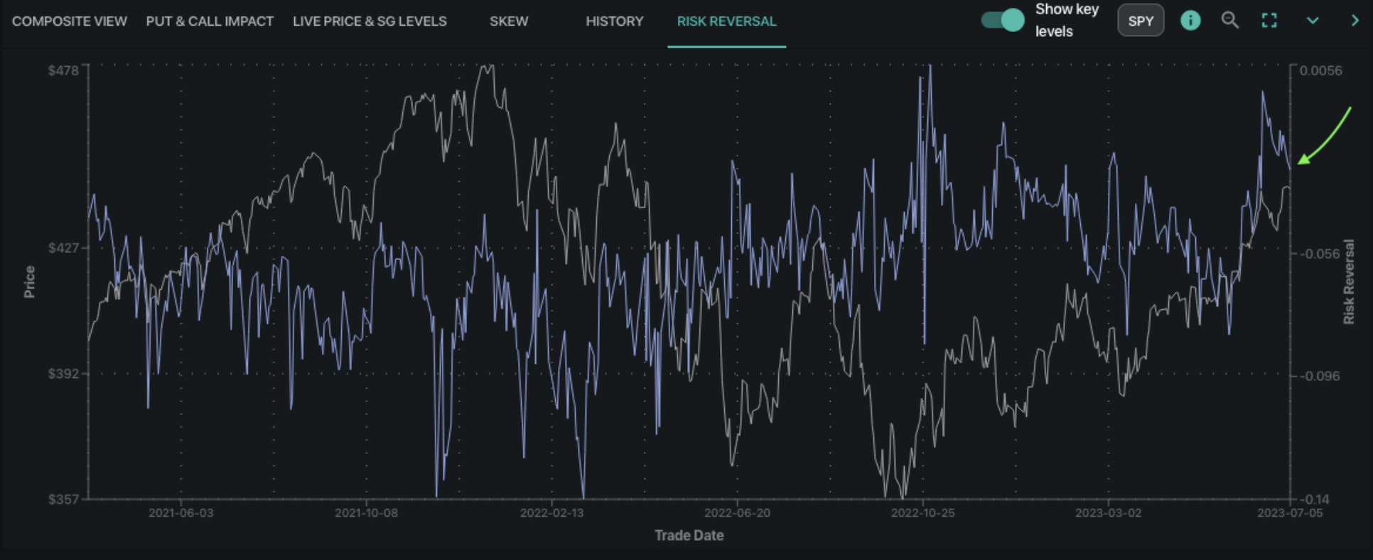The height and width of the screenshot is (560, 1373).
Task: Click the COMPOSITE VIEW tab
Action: [x=70, y=21]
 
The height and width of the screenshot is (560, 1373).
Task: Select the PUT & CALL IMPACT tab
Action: [x=210, y=21]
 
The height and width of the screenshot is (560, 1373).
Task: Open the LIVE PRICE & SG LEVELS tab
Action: [x=370, y=21]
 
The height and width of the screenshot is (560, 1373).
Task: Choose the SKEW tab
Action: [x=509, y=21]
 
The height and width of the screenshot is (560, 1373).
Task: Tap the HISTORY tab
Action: [x=614, y=21]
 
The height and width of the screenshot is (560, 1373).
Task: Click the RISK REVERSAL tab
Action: [x=726, y=21]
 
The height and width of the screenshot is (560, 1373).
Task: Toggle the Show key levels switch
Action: [x=1003, y=20]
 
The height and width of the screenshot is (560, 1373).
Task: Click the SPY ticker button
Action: [x=1141, y=21]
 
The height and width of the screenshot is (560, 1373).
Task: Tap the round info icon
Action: [x=1190, y=21]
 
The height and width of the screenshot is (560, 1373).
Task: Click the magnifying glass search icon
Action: [x=1229, y=21]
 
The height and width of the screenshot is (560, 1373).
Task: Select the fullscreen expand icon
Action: [x=1269, y=21]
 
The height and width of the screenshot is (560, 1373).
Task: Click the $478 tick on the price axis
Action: [x=63, y=70]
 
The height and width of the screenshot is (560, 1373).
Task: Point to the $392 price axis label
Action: [x=63, y=374]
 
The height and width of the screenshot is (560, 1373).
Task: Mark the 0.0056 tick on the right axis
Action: [x=1320, y=70]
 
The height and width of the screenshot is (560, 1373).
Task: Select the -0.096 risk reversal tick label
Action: [x=1320, y=376]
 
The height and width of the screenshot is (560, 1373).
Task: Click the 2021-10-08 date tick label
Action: [x=366, y=513]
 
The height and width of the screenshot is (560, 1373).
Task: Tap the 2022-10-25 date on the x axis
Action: [x=922, y=513]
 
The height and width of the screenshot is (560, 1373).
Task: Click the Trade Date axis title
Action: [x=689, y=536]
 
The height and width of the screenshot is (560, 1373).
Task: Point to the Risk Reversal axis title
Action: [x=1348, y=281]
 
